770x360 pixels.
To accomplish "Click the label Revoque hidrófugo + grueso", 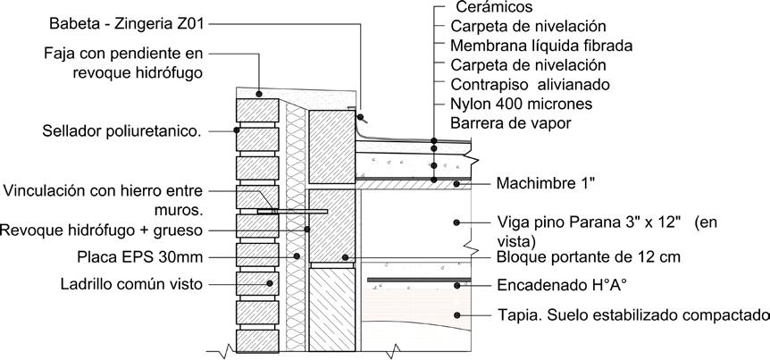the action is click(102, 230).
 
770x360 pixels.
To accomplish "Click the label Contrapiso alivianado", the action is click(531, 85).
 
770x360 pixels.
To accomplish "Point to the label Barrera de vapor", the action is click(510, 123).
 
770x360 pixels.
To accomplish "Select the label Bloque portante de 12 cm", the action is click(578, 258).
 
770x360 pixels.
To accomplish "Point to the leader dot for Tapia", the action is click(458, 314).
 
